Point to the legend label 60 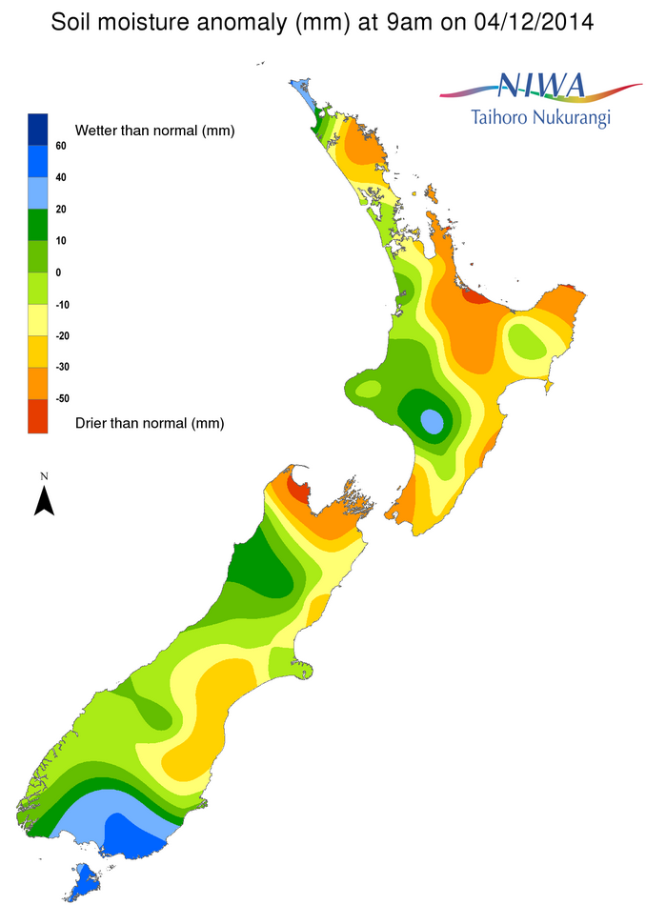pos(60,146)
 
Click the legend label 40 pos(60,177)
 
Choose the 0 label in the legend pos(58,272)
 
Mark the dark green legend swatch pos(38,225)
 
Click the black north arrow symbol pos(44,500)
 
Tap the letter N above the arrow pos(44,474)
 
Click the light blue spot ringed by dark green pos(432,420)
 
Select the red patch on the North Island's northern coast pos(473,295)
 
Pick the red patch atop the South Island pos(298,492)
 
